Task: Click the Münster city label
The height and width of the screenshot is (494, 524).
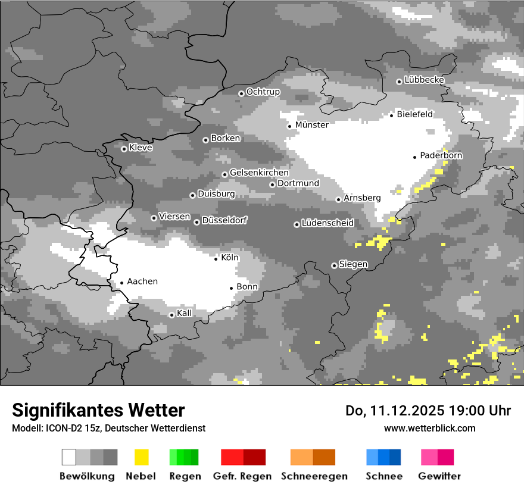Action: pyautogui.click(x=312, y=125)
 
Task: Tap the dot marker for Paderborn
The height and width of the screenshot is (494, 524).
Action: pyautogui.click(x=414, y=157)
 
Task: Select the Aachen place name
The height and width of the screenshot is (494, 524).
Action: pyautogui.click(x=142, y=282)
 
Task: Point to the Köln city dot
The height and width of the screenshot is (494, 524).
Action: pyautogui.click(x=216, y=258)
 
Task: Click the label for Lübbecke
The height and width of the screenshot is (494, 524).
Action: pyautogui.click(x=424, y=80)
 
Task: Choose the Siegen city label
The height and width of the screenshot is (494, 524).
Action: pyautogui.click(x=353, y=264)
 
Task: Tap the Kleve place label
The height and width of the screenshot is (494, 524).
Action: pyautogui.click(x=141, y=148)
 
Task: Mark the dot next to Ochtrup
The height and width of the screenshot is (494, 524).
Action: pyautogui.click(x=241, y=93)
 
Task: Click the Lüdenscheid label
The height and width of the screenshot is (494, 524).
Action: pyautogui.click(x=327, y=223)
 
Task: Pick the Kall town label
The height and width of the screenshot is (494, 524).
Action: pyautogui.click(x=185, y=313)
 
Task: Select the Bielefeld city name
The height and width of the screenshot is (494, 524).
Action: pyautogui.click(x=415, y=114)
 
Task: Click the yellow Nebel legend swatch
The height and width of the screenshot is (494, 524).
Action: pyautogui.click(x=141, y=457)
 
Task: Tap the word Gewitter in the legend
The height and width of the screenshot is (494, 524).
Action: pyautogui.click(x=439, y=476)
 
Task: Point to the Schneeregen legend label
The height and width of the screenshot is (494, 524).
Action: pyautogui.click(x=314, y=476)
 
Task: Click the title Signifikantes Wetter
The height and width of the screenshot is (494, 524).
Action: pyautogui.click(x=98, y=410)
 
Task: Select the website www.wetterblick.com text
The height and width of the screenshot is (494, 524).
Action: pyautogui.click(x=430, y=428)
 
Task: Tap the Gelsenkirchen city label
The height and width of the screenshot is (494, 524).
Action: pyautogui.click(x=259, y=173)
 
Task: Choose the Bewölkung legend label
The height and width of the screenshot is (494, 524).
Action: pyautogui.click(x=87, y=476)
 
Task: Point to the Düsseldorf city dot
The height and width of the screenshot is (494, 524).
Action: pyautogui.click(x=196, y=222)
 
